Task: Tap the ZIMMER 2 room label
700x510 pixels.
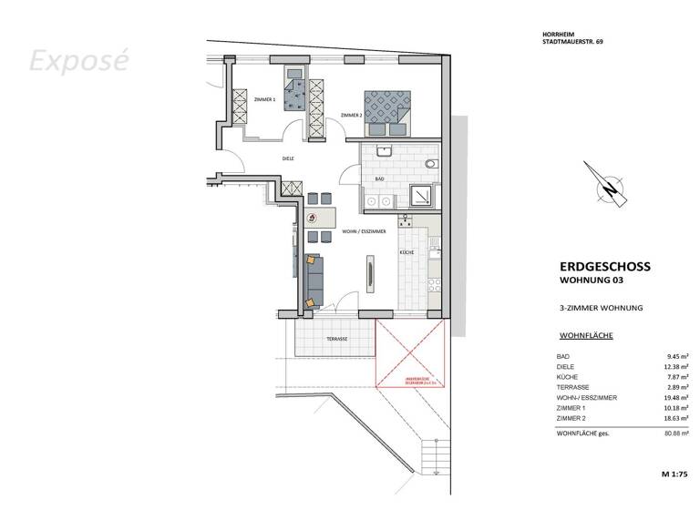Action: coord(351,116)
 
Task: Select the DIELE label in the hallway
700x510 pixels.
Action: coord(288,158)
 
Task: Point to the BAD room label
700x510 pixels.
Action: coord(380,179)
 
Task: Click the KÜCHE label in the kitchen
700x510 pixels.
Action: coord(407,251)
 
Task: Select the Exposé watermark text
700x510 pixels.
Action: coord(79,61)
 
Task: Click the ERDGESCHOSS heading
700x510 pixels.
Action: coord(604,267)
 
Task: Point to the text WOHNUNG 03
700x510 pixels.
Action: coord(592,281)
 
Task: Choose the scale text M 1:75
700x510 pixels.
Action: coord(674,475)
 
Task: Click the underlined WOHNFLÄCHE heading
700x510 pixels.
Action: coord(585,336)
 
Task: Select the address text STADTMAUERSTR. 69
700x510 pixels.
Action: coord(571,42)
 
